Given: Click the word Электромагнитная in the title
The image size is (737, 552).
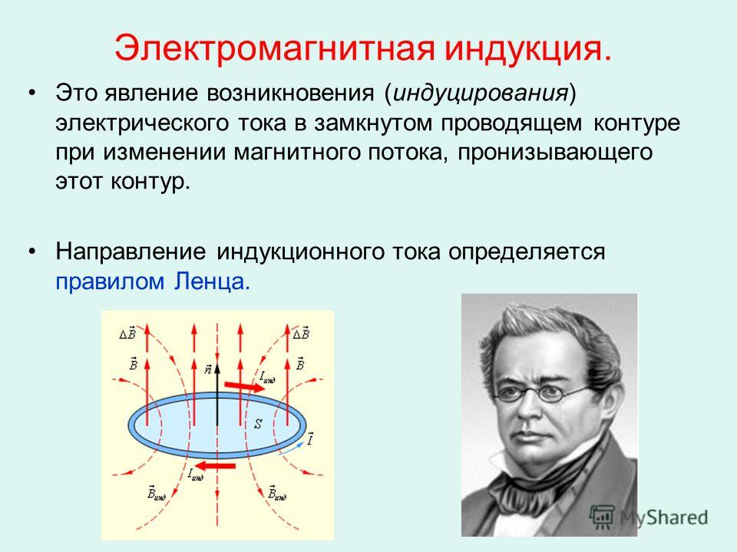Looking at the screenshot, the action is (x=274, y=48).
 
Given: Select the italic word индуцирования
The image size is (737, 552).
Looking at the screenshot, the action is (x=480, y=93).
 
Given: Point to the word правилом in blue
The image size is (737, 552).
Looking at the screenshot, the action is (x=110, y=281).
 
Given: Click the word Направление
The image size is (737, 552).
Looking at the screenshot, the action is (x=131, y=252).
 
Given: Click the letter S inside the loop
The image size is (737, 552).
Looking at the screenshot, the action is (x=258, y=424).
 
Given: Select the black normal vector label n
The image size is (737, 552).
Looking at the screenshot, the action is (x=208, y=369).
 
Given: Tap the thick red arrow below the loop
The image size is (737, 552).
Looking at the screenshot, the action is (x=215, y=465).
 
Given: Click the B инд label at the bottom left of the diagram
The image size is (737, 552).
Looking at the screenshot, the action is (x=157, y=492).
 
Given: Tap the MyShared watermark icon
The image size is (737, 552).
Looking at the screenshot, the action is (x=602, y=517).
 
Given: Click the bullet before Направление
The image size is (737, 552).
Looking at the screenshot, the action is (x=32, y=252).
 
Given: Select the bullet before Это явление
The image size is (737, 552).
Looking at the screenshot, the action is (x=32, y=93).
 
